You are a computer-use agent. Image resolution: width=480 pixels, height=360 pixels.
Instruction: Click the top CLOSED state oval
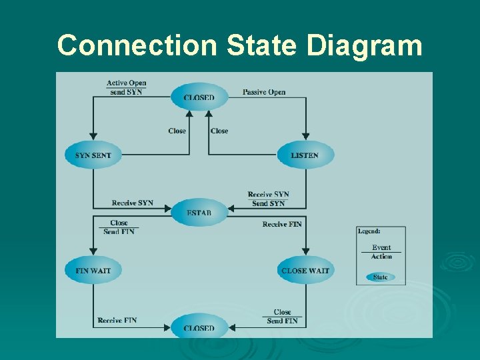[x=199, y=97]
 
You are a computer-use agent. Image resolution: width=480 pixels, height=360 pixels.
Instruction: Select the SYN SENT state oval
[x=93, y=155]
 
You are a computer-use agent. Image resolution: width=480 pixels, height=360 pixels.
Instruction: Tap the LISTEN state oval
[x=305, y=155]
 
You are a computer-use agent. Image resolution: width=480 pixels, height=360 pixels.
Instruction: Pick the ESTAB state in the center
[x=199, y=213]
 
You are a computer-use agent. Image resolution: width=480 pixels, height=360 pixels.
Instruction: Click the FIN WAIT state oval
[x=93, y=271]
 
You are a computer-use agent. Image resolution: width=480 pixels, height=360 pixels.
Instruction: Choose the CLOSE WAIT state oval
[x=305, y=271]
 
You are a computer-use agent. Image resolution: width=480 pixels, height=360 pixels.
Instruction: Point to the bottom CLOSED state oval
[x=199, y=327]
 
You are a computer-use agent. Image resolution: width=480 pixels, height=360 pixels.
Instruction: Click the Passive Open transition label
[x=264, y=92]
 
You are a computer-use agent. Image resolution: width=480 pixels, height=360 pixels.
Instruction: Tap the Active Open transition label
[x=126, y=83]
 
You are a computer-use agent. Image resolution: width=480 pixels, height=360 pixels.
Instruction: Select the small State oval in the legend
[x=381, y=277]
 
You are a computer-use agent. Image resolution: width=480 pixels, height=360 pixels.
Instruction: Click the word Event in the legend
[x=381, y=247]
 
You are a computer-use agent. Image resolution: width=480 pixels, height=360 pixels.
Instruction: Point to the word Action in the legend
[x=381, y=256]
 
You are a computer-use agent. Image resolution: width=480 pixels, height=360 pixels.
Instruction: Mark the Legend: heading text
[x=369, y=231]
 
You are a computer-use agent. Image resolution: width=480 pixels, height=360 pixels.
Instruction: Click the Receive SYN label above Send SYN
[x=268, y=195]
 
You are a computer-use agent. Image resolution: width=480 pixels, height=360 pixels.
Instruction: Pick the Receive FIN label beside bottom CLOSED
[x=117, y=321]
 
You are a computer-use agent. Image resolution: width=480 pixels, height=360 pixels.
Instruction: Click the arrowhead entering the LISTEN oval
[x=305, y=137]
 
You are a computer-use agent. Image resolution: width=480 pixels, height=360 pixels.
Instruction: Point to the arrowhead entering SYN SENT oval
[x=93, y=137]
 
